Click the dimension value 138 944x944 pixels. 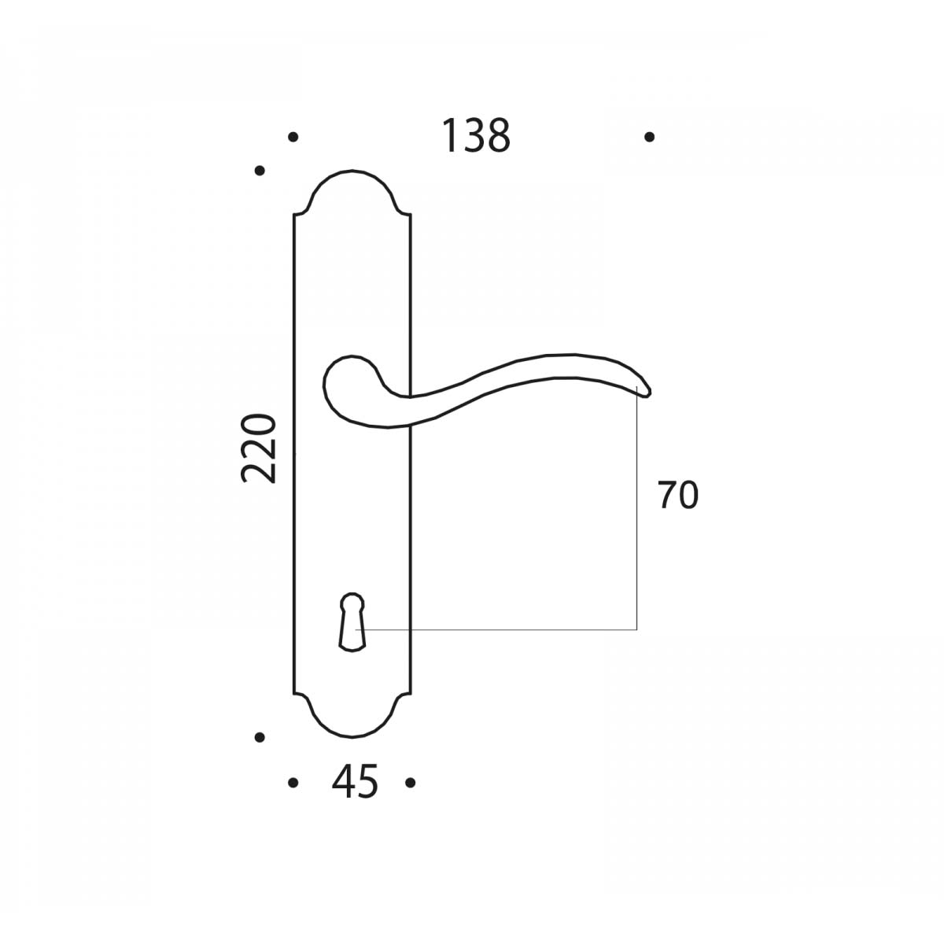tap(476, 135)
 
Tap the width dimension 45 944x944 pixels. tap(355, 781)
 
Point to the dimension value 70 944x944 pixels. tap(678, 495)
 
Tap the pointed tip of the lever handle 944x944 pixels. tap(650, 393)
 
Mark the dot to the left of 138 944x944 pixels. tap(293, 137)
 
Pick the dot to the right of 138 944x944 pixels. tap(650, 137)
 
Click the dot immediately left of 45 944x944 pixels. tap(293, 783)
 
